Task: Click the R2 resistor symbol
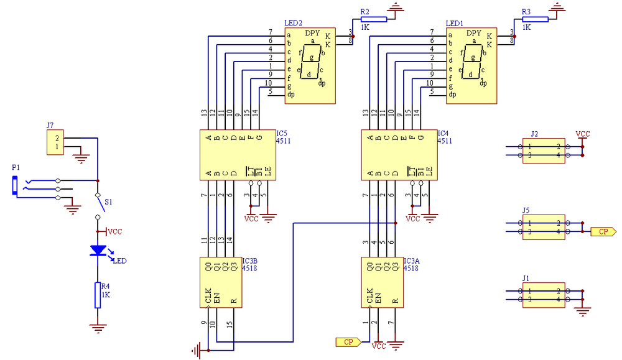tap(374, 19)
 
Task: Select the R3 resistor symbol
tap(535, 19)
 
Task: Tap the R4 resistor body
tap(98, 295)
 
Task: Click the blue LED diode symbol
tap(98, 251)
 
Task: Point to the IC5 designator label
tap(282, 134)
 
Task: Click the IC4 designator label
tap(443, 134)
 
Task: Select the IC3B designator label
tap(250, 261)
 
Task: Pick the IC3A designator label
tap(411, 261)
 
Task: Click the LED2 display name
tap(293, 24)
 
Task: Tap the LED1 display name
tap(454, 24)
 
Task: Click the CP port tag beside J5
tap(603, 231)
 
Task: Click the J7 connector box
tap(55, 142)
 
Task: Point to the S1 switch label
tap(108, 202)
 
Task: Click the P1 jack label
tap(16, 168)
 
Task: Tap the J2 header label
tap(534, 134)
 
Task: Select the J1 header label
tap(526, 279)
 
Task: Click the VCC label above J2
tap(583, 134)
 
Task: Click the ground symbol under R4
tap(98, 328)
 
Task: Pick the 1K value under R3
tap(526, 27)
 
